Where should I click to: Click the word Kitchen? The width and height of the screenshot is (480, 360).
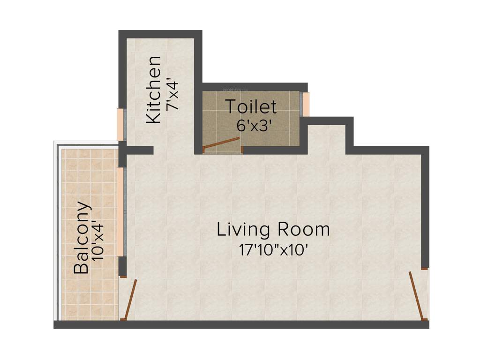[x=154, y=90]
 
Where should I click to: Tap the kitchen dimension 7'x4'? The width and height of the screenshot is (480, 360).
[x=173, y=97]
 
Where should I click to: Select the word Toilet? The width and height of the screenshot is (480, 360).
[x=251, y=107]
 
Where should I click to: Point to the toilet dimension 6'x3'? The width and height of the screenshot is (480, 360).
[x=255, y=125]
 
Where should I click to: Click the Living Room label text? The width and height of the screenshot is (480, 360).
[x=273, y=230]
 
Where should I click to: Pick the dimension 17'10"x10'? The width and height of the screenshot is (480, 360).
[x=273, y=249]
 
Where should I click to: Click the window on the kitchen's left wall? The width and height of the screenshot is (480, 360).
[x=120, y=124]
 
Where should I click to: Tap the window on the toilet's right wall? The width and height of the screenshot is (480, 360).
[x=305, y=104]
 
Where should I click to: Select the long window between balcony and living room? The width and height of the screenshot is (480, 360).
[x=121, y=211]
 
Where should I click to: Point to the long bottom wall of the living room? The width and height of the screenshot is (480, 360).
[x=241, y=324]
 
